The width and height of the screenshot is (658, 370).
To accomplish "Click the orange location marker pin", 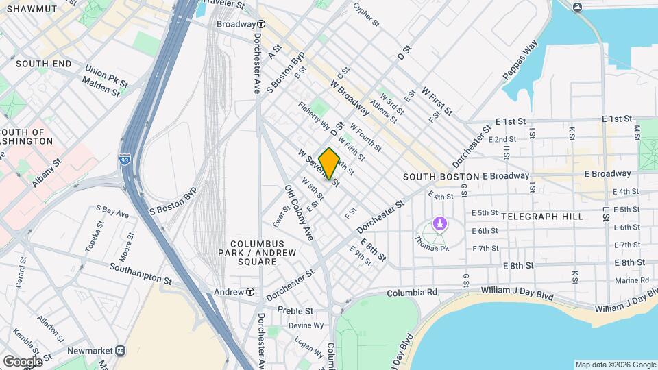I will point(330,164).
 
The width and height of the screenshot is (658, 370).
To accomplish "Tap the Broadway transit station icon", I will point(261,23).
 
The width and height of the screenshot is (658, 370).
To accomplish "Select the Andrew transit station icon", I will point(250,292).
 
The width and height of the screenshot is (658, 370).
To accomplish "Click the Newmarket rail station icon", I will point(121,351).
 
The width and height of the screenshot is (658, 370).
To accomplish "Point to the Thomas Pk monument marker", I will point(439,224).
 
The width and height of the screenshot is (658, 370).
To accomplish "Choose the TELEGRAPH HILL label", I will point(542,216).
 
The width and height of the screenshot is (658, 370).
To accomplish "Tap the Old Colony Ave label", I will point(300,212).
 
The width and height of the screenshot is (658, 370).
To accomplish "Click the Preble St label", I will point(295,310).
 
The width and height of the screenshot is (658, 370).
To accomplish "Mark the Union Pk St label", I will point(106,75).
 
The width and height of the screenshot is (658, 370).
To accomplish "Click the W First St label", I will point(437,100).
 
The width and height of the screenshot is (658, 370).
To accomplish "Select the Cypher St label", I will point(366,14).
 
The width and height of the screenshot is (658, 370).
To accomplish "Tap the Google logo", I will point(22,361).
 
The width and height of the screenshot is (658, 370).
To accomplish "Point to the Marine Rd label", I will point(626,280).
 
